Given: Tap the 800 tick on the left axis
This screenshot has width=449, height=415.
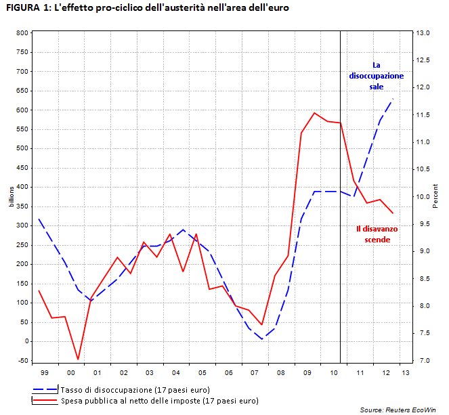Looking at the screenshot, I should [22, 32].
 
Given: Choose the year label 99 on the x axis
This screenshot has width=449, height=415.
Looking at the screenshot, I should [45, 373].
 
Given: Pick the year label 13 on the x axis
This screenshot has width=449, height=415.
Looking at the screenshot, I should [405, 373].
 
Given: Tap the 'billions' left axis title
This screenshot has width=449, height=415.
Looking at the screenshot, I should [11, 196].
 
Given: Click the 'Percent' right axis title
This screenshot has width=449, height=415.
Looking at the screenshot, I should [435, 196].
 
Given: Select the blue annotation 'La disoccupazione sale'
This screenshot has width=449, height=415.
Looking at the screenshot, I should [376, 76].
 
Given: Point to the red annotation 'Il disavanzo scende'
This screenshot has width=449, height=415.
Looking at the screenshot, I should [377, 234].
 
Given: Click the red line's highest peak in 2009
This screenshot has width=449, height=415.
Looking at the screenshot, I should [314, 113].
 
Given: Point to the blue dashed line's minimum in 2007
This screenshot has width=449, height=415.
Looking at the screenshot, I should [262, 339].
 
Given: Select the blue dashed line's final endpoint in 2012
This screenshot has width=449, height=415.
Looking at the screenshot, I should [393, 100].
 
